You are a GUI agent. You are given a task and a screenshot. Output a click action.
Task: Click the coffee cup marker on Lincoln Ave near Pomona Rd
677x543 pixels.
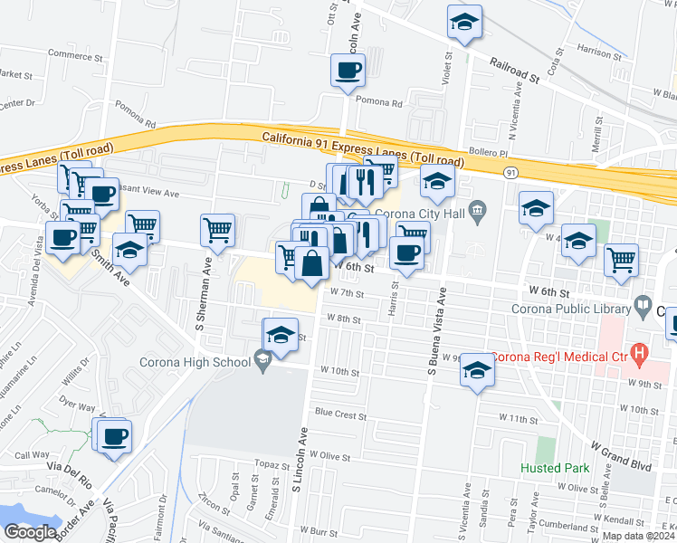pyautogui.click(x=348, y=71)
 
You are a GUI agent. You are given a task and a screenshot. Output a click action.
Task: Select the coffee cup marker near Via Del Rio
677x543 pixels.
pyautogui.click(x=114, y=437)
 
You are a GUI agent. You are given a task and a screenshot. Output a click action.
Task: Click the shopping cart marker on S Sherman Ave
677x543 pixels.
pyautogui.click(x=218, y=232)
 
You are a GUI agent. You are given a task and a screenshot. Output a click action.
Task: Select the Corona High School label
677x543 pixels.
pyautogui.click(x=194, y=363)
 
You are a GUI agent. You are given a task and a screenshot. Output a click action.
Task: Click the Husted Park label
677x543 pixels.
pyautogui.click(x=554, y=468)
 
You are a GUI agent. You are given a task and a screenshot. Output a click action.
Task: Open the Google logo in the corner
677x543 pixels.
pyautogui.click(x=30, y=532)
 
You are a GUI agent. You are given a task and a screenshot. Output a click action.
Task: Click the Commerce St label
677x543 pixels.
pyautogui.click(x=78, y=54)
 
